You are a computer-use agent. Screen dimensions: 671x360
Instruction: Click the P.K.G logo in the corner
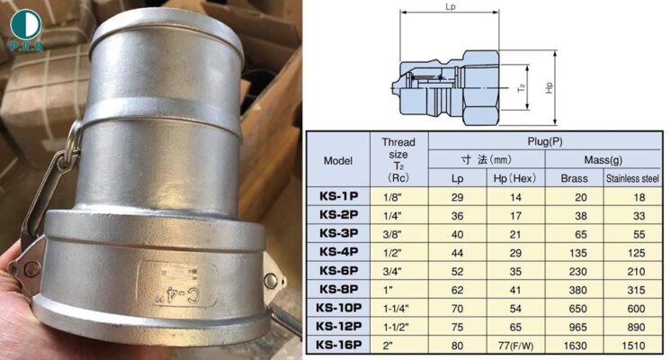pos(26,30)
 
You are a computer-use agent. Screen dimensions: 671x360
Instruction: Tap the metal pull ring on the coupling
pos(74,136)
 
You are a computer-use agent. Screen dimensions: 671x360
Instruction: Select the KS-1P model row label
pos(338,196)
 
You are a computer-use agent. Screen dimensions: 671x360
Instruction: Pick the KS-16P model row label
pos(338,345)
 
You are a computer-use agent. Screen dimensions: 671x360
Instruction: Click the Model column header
pos(338,161)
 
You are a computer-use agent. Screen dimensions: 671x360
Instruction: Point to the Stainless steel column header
pos(632,178)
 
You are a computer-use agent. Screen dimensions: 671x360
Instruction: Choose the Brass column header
pos(574,178)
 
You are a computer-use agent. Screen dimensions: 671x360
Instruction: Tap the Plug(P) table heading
pos(545,141)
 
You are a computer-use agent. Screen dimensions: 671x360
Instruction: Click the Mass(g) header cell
pos(603,160)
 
